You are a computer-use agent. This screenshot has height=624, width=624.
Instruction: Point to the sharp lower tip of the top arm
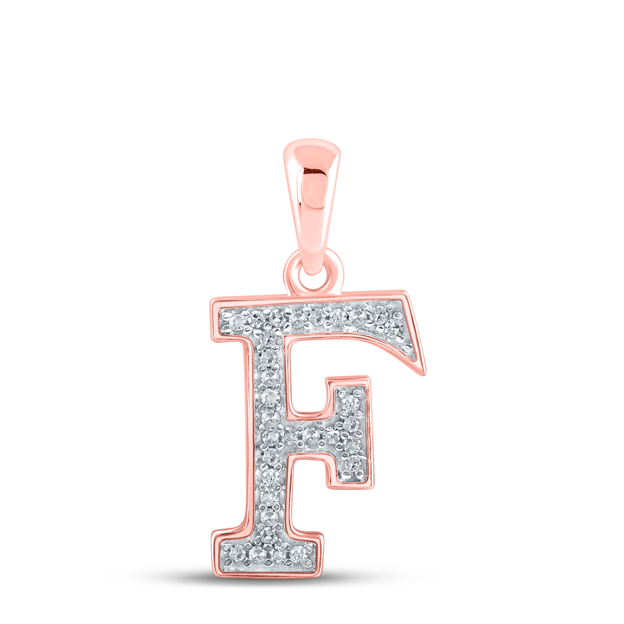(x=424, y=373)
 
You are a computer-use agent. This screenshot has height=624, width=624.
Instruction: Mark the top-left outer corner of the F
(x=211, y=301)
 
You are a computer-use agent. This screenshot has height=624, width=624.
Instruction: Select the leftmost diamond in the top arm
(x=237, y=319)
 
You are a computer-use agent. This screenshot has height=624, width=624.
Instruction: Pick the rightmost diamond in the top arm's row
(x=393, y=328)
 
